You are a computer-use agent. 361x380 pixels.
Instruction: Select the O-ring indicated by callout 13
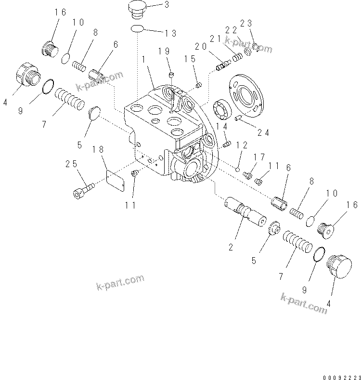137,29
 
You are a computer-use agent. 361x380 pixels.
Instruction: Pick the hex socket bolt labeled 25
82,189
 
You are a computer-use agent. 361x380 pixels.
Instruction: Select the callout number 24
263,132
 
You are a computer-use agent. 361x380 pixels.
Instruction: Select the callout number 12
242,144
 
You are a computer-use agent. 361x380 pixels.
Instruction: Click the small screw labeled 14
228,143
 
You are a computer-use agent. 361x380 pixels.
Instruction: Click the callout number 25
71,164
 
